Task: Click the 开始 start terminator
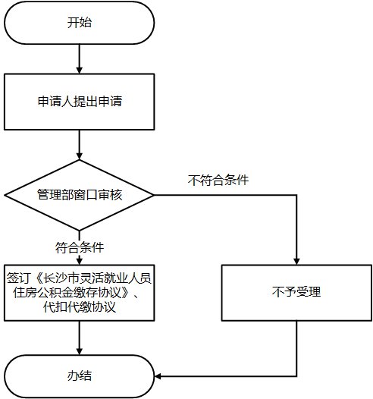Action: (79, 23)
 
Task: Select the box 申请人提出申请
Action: (79, 102)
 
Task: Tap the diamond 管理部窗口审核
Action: (79, 195)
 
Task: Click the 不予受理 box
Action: (296, 293)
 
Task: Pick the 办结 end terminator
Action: (79, 376)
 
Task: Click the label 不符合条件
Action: (218, 181)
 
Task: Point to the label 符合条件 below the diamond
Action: (80, 247)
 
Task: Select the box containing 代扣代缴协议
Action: (79, 293)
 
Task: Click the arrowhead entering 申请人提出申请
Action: (80, 71)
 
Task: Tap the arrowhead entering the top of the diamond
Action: (80, 156)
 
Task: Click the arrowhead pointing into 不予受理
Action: (296, 262)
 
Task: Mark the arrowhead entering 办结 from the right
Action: (158, 376)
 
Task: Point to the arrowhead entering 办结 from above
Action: (80, 351)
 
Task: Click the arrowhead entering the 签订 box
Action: (80, 262)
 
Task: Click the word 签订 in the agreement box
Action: (19, 278)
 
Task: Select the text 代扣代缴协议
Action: (80, 307)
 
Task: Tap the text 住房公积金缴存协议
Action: (67, 293)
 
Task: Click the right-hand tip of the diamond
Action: (154, 195)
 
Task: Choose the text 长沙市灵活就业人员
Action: (97, 278)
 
